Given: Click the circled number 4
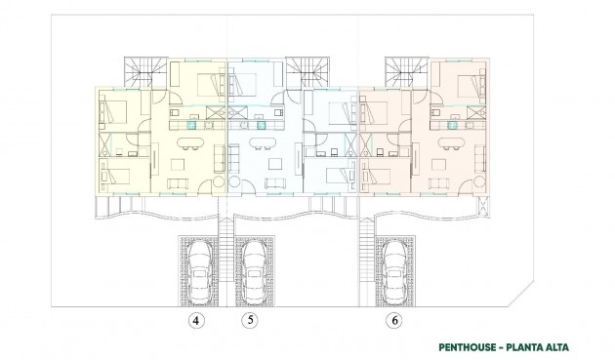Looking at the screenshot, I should pyautogui.click(x=198, y=319).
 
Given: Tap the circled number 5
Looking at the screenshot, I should pyautogui.click(x=252, y=319).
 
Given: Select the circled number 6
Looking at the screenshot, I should pyautogui.click(x=393, y=319).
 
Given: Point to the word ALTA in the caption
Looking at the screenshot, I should pyautogui.click(x=553, y=346).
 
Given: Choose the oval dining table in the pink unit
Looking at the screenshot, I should pyautogui.click(x=451, y=142).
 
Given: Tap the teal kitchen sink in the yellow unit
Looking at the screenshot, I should pyautogui.click(x=193, y=125).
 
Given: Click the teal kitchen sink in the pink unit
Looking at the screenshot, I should pyautogui.click(x=452, y=125).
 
